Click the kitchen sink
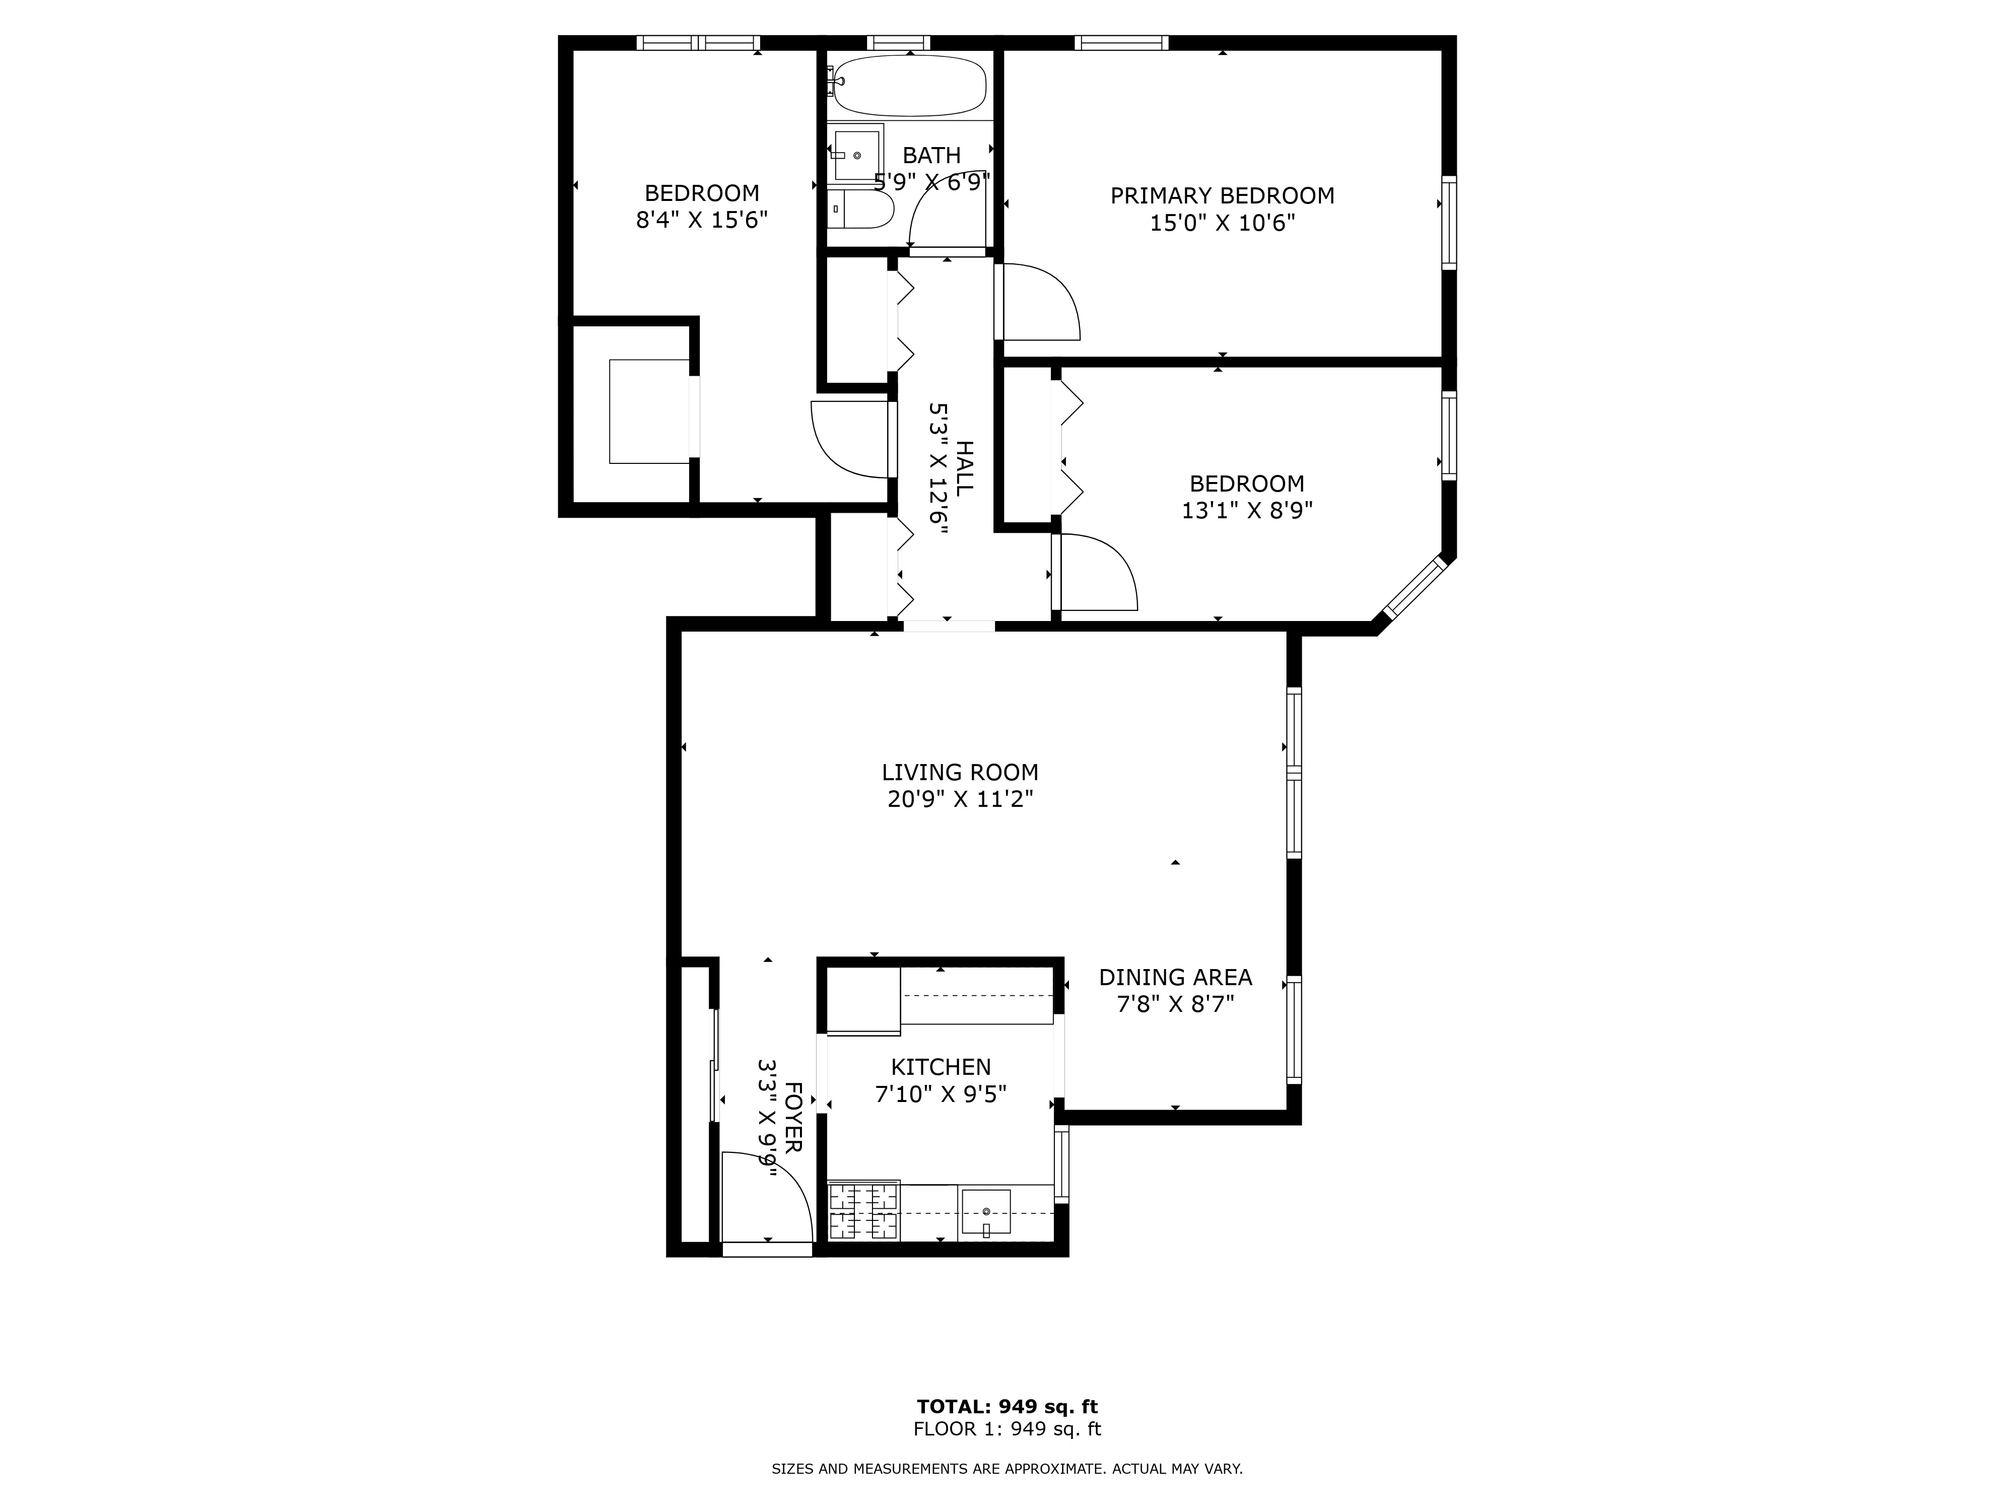click(985, 1212)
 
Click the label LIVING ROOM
click(959, 772)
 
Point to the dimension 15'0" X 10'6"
click(1222, 223)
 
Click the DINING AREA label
click(1175, 977)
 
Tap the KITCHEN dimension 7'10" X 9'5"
click(940, 1094)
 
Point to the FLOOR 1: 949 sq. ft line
click(1006, 1429)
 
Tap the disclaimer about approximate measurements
click(1006, 1468)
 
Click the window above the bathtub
click(898, 42)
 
